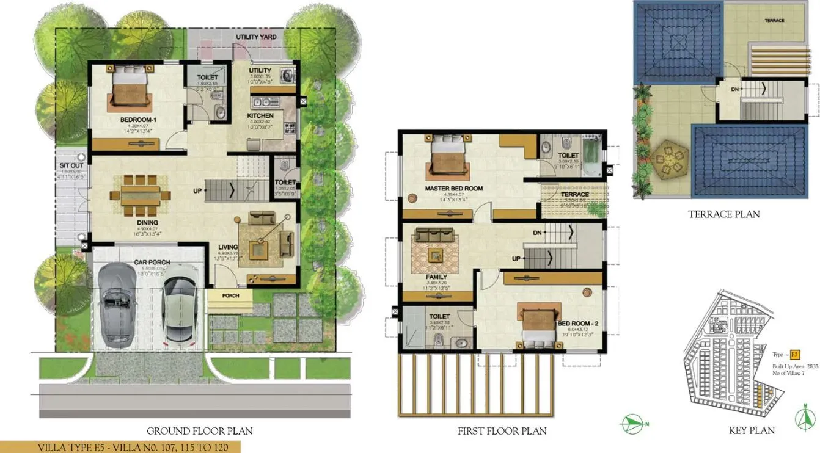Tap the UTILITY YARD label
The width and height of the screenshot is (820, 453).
point(256,37)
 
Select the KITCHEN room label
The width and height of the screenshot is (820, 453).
point(260,115)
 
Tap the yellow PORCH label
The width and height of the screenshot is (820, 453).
point(230,296)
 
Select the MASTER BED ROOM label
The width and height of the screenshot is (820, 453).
point(453,189)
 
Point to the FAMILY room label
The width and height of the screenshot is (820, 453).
point(436,277)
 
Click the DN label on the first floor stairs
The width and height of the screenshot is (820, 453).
point(537,233)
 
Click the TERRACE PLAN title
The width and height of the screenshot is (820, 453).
point(723,214)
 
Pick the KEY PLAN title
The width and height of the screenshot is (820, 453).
point(751,430)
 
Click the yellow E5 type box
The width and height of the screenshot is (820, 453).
point(795,354)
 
